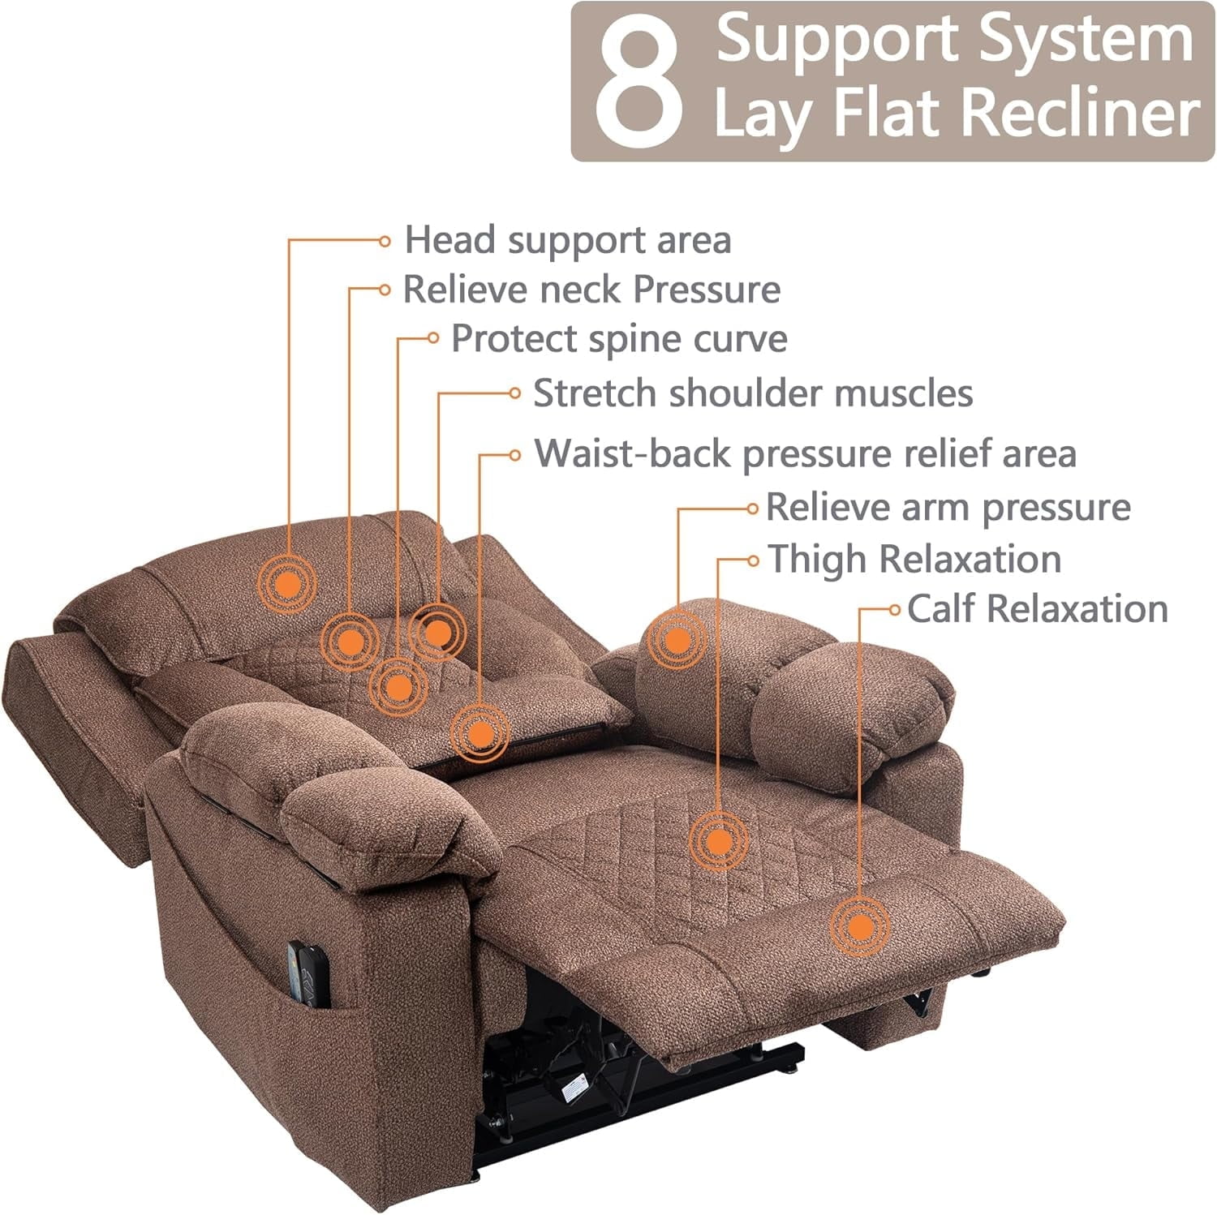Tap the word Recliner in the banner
(x=1083, y=114)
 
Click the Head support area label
(x=567, y=240)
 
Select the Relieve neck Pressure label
(x=591, y=290)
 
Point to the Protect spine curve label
(x=618, y=339)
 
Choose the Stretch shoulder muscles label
(x=752, y=393)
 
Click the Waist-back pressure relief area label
(x=804, y=453)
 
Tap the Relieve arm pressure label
(x=948, y=508)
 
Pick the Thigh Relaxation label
(x=914, y=560)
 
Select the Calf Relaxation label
(x=1037, y=609)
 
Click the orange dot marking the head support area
(x=287, y=582)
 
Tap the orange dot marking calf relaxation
(x=859, y=926)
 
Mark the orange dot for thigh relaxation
(x=718, y=841)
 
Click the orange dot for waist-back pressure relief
(x=480, y=734)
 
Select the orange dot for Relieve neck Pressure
(x=350, y=642)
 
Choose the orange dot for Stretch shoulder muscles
(x=437, y=632)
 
